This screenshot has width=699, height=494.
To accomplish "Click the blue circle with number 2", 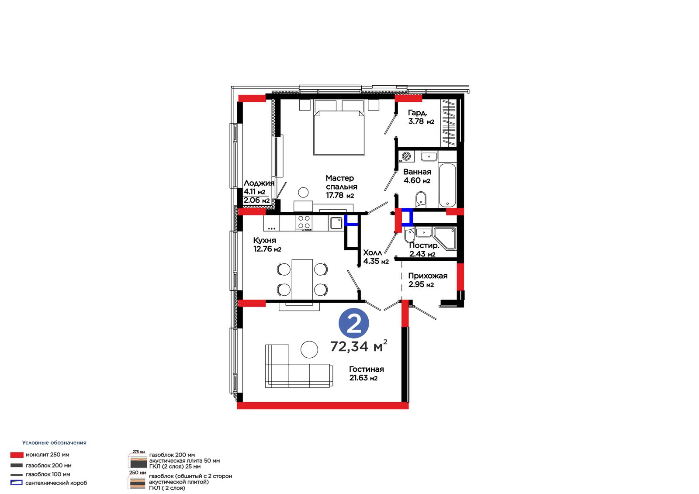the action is [x=353, y=323].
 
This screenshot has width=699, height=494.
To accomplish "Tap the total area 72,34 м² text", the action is [x=359, y=346].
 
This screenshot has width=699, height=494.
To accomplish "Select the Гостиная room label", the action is [x=367, y=369].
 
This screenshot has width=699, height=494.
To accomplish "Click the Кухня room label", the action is [x=265, y=240].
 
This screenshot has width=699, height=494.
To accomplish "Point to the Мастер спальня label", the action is [x=341, y=182].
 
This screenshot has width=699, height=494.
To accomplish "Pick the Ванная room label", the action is [x=417, y=172].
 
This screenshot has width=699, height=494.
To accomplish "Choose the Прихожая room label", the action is [x=428, y=276].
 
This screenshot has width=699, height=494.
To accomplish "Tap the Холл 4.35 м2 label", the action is [x=376, y=257].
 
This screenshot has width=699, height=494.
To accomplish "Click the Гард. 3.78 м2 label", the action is [x=421, y=117].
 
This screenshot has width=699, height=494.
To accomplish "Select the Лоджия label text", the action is [x=259, y=183].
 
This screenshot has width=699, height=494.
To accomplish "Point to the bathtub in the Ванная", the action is [x=447, y=185].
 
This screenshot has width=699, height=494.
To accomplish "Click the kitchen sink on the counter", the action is [x=336, y=223].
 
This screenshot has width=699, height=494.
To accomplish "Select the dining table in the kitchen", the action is [x=302, y=279].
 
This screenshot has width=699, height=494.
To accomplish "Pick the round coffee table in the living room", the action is [x=309, y=349].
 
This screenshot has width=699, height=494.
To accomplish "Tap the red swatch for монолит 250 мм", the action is [x=17, y=455].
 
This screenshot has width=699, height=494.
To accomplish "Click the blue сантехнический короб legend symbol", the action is [x=17, y=483].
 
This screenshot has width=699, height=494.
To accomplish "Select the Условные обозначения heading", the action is [x=54, y=442].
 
